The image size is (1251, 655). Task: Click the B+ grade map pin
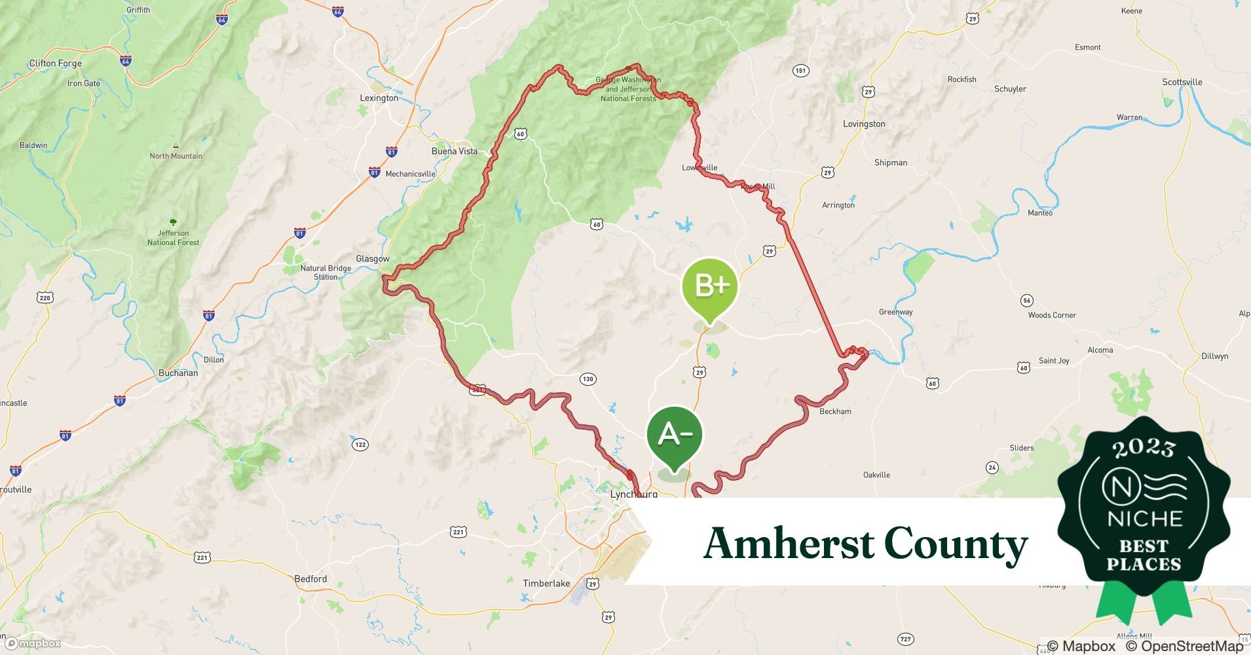pos(710,286)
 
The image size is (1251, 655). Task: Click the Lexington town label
pos(379,98)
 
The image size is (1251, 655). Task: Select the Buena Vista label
pos(454,151)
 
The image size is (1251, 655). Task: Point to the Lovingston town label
pos(863,124)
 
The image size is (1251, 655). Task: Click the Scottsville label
pos(1182,83)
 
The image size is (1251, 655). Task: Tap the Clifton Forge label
pos(56,64)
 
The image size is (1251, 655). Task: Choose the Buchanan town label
pos(178,373)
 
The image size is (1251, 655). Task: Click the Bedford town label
pos(310,579)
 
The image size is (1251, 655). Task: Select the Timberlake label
pos(546,584)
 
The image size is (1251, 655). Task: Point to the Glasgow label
pos(372,259)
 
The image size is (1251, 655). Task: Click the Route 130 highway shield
pos(588,379)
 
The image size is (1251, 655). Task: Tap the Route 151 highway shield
pos(800,71)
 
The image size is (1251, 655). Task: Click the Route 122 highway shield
pos(360,445)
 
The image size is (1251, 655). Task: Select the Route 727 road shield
pos(905,639)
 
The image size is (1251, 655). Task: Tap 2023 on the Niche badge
pos(1144,448)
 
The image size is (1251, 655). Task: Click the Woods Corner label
pos(1052,316)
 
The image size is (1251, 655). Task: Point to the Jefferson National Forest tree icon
pos(173,223)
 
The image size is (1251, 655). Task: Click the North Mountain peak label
pos(176,157)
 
